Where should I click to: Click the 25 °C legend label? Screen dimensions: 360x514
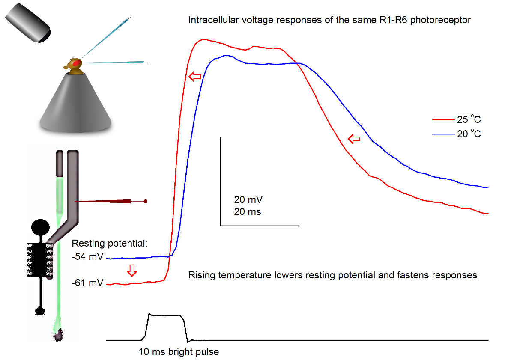[469, 120]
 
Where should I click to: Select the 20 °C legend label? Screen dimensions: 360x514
[469, 134]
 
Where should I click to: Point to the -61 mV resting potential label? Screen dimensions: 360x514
[88, 283]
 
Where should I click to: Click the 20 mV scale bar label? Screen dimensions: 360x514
[248, 199]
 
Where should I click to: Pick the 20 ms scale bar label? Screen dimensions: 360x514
[248, 211]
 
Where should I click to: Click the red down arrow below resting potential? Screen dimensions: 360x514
[132, 270]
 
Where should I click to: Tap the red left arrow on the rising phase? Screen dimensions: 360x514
[195, 77]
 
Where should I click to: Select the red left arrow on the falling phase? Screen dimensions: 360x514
[354, 139]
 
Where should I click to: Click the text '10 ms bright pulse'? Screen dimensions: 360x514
[179, 352]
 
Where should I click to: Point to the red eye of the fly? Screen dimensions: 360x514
[76, 63]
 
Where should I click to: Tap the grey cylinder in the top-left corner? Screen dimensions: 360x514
[29, 23]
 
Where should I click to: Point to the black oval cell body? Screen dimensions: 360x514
[42, 226]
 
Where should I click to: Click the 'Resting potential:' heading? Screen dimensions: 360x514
[110, 244]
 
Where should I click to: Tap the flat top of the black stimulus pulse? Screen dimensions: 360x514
[166, 315]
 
